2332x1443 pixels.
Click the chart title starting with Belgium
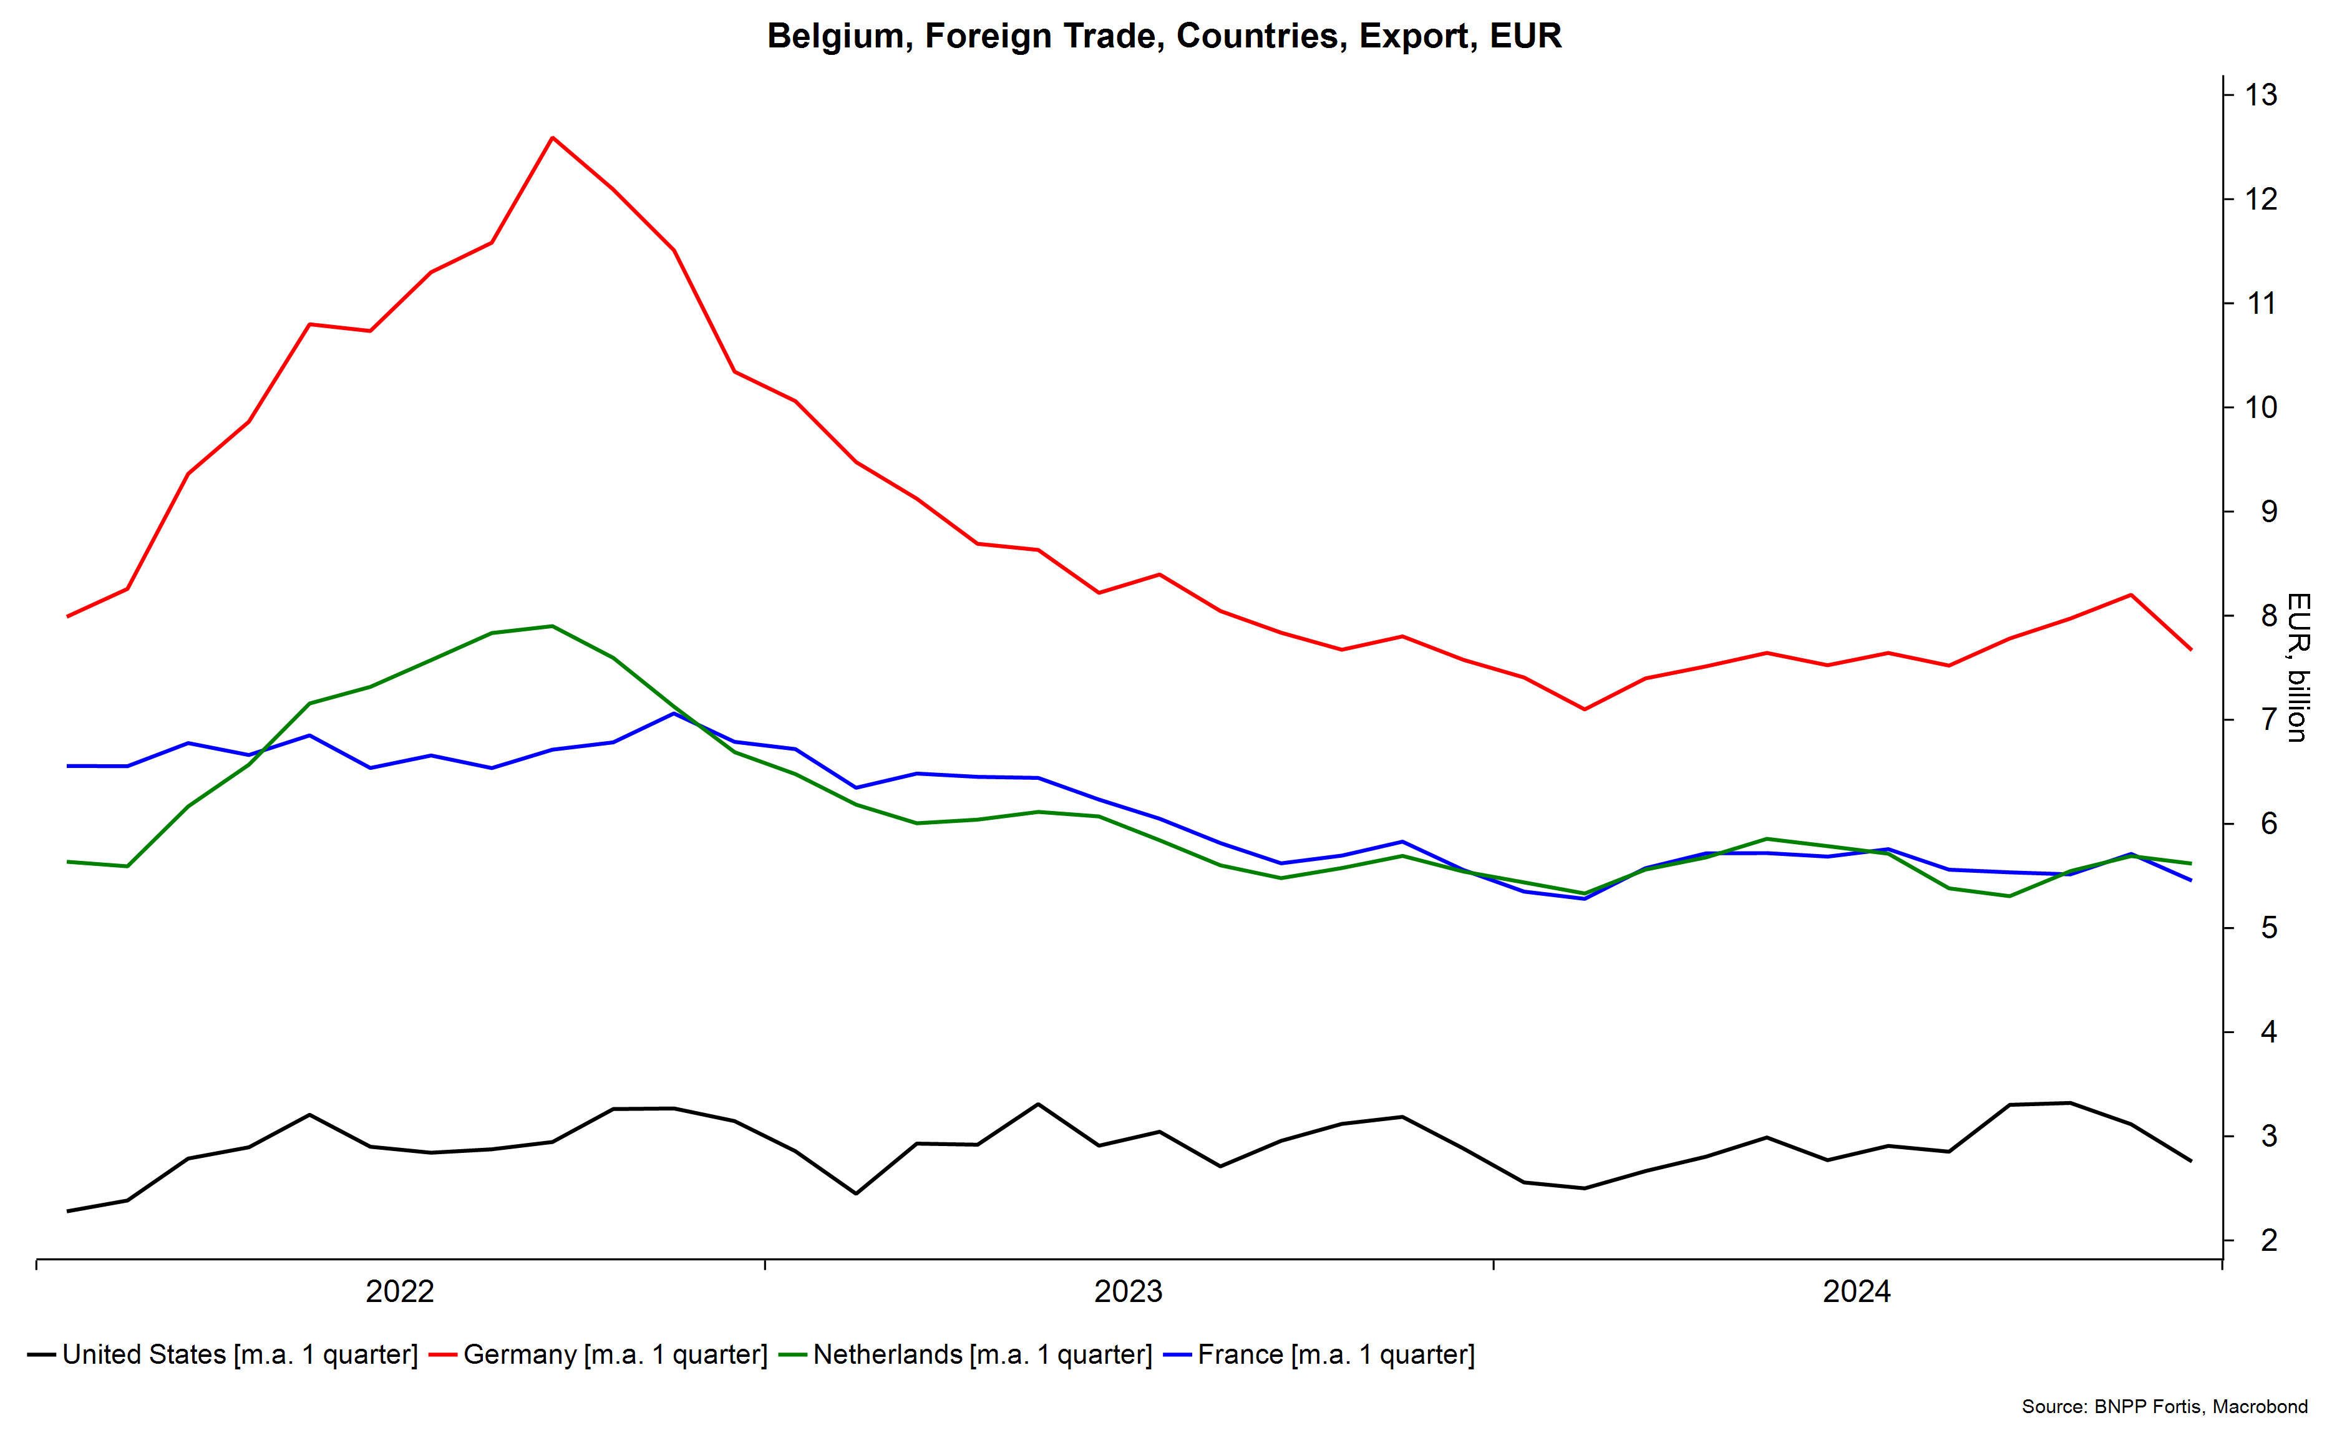tap(1164, 36)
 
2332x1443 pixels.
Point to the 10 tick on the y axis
tap(2260, 407)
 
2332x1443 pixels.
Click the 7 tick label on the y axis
tap(2268, 719)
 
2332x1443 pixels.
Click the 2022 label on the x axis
tap(400, 1291)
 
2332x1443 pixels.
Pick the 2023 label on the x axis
tap(1128, 1291)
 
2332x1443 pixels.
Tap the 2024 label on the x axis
tap(1856, 1291)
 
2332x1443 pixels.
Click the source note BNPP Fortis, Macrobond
tap(2164, 1406)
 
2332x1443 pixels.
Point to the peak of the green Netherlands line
tap(553, 626)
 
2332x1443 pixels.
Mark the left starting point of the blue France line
tap(68, 765)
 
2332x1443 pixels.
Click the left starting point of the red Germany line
tap(68, 616)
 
